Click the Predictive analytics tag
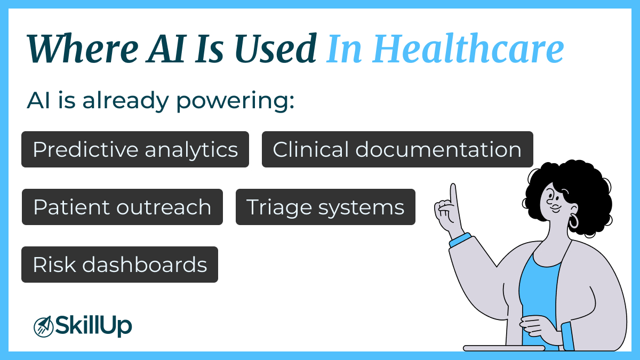135,149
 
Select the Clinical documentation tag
397,149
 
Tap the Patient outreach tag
122,207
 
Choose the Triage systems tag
325,207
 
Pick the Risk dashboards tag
119,265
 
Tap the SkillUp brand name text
93,325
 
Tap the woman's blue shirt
539,288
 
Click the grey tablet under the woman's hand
503,348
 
